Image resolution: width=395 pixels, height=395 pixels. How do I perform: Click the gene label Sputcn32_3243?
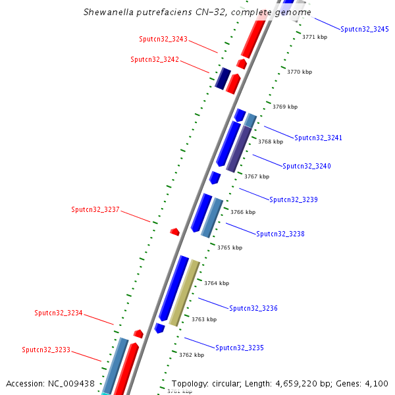point(163,39)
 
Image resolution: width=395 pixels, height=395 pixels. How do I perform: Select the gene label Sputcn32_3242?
point(155,59)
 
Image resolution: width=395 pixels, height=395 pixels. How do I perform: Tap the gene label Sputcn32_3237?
point(95,209)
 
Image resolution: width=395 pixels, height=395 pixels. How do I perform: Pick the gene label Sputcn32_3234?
point(59,313)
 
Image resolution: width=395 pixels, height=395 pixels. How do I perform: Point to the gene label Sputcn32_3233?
point(46,350)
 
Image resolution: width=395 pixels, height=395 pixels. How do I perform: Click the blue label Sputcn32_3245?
point(365,29)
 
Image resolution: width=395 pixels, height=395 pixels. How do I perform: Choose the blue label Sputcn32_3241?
point(319,138)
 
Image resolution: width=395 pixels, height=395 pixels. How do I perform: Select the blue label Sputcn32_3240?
point(307,166)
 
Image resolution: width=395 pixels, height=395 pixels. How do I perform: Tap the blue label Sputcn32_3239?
point(294,199)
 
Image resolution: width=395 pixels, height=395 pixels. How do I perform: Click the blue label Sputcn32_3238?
point(280,234)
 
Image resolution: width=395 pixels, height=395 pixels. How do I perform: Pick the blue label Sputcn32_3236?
point(253,308)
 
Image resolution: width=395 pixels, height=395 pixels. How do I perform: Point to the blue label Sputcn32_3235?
point(240,347)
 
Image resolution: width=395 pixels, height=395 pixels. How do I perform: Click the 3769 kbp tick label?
point(285,107)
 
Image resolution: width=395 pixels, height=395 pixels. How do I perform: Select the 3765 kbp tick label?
point(230,248)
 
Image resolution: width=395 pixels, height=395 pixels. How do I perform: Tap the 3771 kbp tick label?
point(315,37)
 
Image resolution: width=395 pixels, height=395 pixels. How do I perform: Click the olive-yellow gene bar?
point(184,292)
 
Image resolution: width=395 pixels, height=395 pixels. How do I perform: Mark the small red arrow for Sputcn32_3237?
point(174,231)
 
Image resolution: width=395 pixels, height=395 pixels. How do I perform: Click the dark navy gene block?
point(223,78)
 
